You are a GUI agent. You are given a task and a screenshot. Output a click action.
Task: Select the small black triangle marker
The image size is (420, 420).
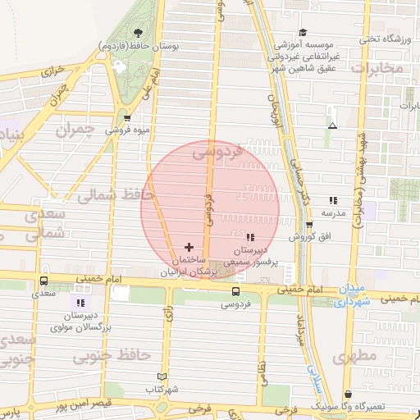coord(332,126)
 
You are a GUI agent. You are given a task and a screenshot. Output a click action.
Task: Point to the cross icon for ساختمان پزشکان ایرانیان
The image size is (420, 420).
coord(189,246)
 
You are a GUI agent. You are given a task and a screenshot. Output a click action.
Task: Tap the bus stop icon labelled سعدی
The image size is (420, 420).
coord(43,281)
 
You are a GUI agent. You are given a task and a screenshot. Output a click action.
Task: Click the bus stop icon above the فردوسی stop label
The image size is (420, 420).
coord(236,291)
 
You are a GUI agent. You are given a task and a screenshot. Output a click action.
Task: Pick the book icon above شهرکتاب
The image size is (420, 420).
coord(161,377)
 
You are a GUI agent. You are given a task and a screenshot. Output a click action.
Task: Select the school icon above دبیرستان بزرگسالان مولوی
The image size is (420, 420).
coord(80,303)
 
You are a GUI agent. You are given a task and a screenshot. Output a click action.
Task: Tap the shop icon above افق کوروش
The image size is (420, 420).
coord(309,225)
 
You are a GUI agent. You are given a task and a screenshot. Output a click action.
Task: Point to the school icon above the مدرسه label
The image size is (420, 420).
coord(332,200)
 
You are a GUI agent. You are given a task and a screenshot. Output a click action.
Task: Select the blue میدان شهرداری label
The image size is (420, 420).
coord(355,295)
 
